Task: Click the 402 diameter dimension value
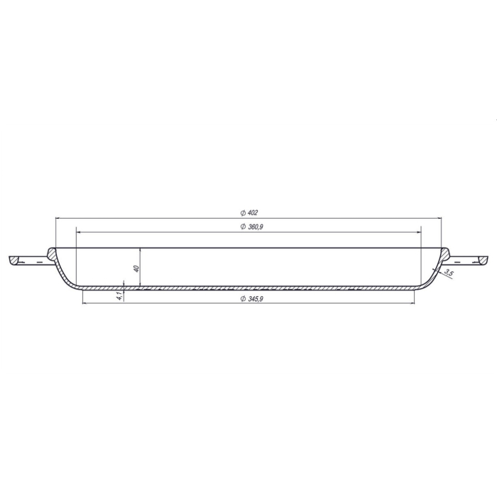point(252,212)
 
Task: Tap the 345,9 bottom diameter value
point(254,299)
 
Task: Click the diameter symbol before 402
point(242,212)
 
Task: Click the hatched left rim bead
point(53,253)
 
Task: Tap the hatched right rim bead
point(445,253)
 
